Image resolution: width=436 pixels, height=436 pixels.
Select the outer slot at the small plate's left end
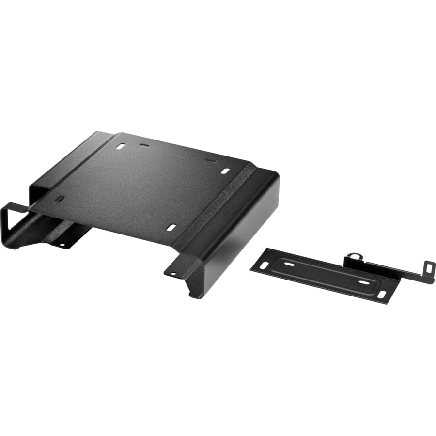tap(264, 265)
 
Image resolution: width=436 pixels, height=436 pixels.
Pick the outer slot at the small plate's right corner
tap(382, 295)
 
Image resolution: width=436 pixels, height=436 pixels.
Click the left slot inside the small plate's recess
tap(288, 265)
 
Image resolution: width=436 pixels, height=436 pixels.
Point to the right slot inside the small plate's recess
tap(363, 281)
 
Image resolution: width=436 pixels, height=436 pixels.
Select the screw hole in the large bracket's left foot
tap(62, 245)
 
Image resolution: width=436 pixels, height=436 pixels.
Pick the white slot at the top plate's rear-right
tap(225, 171)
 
